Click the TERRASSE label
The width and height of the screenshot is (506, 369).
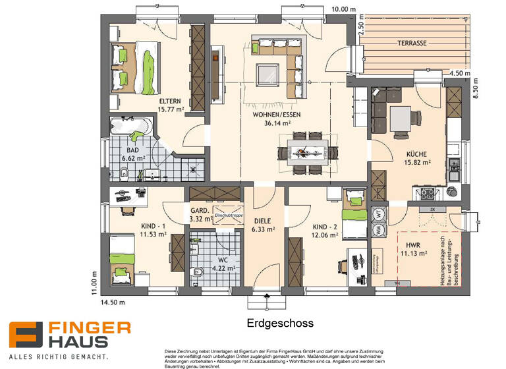412,43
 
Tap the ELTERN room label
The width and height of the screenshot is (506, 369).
170,101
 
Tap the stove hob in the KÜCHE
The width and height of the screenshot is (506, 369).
426,193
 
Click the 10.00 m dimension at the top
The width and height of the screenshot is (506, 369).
344,10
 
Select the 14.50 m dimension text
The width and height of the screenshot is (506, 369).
113,303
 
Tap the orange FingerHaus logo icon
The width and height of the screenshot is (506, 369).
24,335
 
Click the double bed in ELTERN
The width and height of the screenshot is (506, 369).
136,67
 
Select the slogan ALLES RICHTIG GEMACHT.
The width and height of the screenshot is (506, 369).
59,356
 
